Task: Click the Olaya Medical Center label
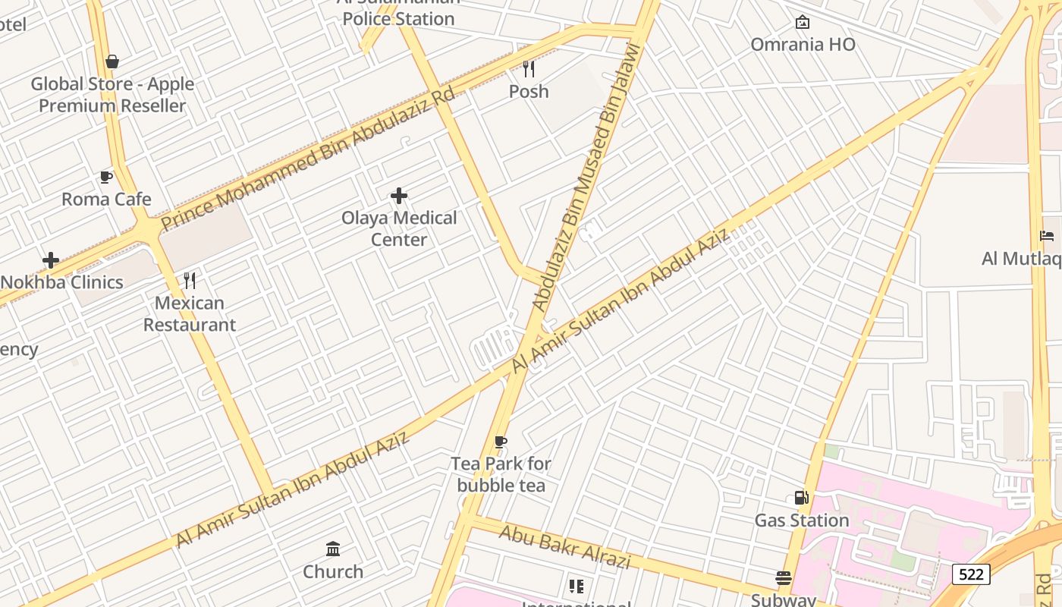pos(399,228)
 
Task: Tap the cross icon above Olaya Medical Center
pos(399,197)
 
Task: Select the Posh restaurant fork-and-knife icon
pos(529,69)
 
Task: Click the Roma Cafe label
pos(106,200)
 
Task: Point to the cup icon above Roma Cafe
pos(106,178)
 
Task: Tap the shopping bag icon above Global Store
pos(112,61)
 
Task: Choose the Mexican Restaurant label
pos(190,314)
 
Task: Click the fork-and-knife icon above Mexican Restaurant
pos(190,281)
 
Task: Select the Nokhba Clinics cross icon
pos(51,260)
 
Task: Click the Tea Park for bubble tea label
pos(501,474)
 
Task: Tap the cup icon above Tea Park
pos(500,442)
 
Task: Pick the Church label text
pos(333,571)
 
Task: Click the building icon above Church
pos(333,549)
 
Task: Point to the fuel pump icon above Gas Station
pos(801,498)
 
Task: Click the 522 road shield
pos(971,574)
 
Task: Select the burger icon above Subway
pos(784,578)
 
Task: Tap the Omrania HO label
pos(803,44)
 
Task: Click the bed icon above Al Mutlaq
pos(1048,236)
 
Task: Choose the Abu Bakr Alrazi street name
pos(564,546)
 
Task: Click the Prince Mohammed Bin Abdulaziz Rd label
pos(307,159)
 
